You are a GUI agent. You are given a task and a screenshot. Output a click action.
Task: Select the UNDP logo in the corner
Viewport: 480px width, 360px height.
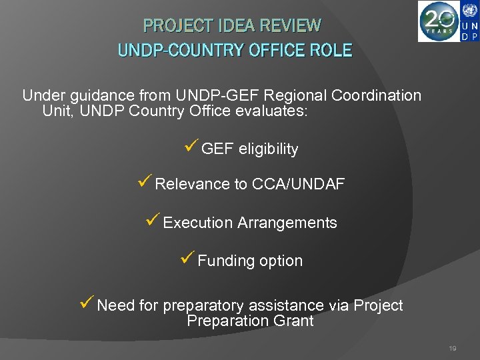[469, 21]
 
